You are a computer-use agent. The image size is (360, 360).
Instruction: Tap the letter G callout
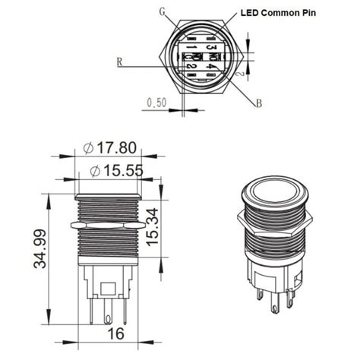[x=163, y=11]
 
